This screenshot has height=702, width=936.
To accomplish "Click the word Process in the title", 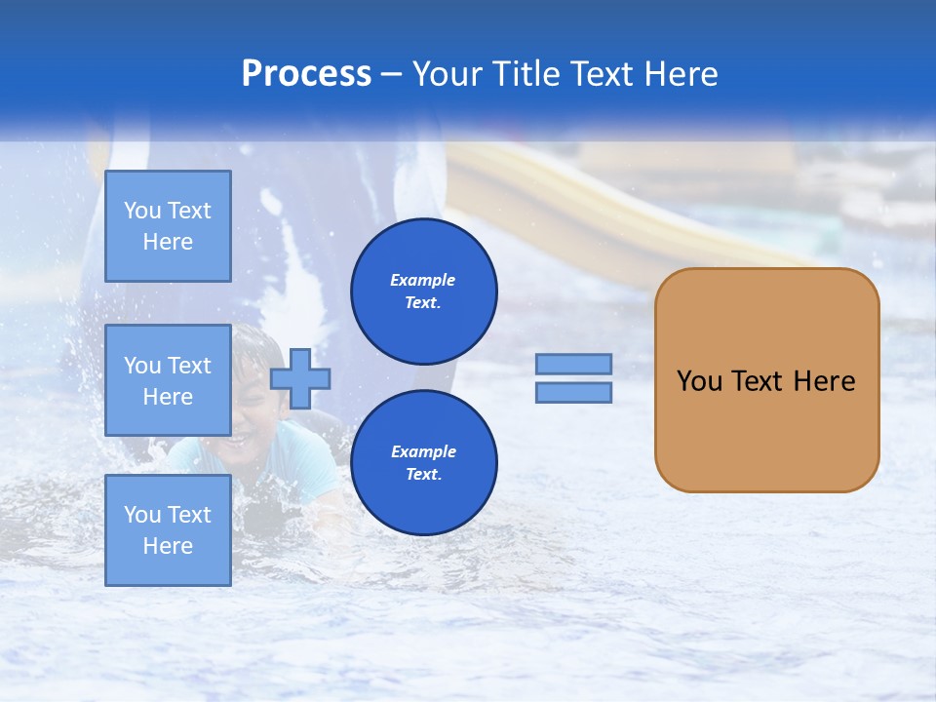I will point(306,74).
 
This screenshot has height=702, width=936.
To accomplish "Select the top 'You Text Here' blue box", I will point(168,226).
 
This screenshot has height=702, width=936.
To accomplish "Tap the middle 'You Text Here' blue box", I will point(168,380).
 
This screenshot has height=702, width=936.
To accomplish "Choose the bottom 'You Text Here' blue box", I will point(168,529).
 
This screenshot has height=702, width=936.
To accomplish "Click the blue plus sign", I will point(300,377).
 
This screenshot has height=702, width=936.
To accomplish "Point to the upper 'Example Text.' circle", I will point(423,291).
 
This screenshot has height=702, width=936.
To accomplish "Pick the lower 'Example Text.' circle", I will point(423,462).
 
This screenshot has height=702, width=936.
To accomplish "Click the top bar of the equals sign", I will point(573,364).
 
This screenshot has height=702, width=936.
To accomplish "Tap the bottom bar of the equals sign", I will point(573,392).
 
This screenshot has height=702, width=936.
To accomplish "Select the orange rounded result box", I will point(766,429).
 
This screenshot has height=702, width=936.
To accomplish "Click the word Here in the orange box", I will point(824,381).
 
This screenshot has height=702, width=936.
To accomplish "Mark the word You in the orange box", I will point(698,381).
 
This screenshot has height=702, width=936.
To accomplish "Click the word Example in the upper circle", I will point(423,280).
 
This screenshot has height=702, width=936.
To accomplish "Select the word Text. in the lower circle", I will point(423,474).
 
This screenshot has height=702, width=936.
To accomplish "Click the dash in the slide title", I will point(392,74).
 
